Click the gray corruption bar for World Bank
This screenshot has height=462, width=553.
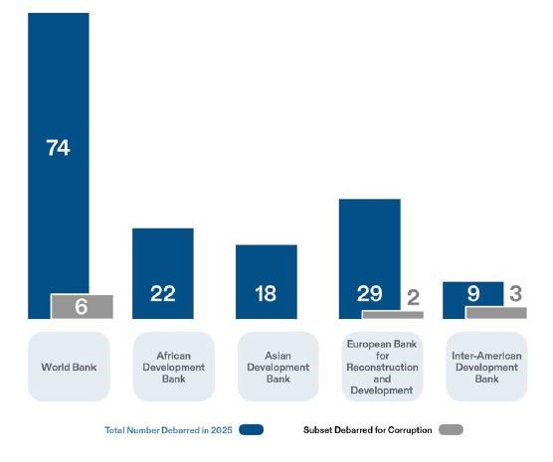pos(82,307)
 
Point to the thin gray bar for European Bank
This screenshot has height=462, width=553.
pos(392,315)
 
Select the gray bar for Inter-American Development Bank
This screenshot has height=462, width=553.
pos(495,313)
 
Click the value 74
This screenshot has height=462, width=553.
pos(58,148)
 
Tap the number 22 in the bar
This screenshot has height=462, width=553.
pos(162,293)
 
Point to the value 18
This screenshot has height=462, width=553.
pos(266,293)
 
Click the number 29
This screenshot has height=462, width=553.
pos(369,293)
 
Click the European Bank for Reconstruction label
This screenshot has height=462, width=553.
pos(382,367)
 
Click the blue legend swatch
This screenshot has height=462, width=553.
pos(251,430)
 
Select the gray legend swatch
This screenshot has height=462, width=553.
pos(451,430)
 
